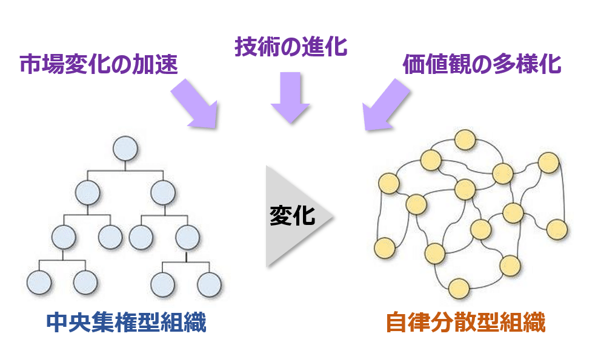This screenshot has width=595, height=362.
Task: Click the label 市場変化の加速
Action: click(99, 64)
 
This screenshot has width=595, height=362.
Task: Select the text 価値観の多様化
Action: click(482, 64)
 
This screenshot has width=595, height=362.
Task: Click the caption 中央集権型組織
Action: click(126, 323)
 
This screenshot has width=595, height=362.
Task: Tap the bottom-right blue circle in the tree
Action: click(209, 283)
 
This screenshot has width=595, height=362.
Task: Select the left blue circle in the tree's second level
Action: click(88, 192)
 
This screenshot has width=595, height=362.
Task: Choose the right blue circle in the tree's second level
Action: click(162, 192)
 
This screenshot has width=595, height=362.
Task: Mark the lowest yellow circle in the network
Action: click(459, 289)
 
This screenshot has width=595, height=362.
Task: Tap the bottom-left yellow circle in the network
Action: click(385, 248)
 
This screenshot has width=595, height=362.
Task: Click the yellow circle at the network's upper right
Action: click(548, 163)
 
